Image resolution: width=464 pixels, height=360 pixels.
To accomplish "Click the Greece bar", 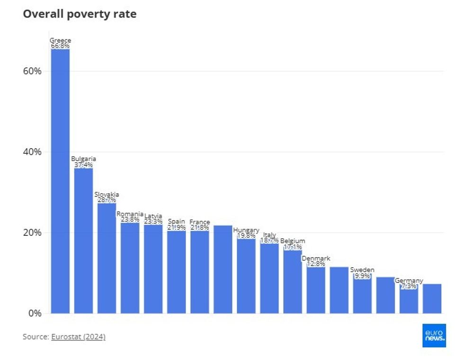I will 60,180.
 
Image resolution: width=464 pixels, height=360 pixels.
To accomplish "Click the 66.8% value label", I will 60,46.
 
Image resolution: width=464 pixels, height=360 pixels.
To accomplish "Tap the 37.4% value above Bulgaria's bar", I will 83,165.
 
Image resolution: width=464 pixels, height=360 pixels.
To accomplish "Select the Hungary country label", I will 246,230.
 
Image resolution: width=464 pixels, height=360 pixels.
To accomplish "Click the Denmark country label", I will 316,259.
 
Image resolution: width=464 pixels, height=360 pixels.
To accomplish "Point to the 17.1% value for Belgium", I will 293,247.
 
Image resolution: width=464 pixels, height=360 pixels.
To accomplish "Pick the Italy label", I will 269,235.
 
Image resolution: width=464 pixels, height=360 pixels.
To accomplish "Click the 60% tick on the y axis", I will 32,71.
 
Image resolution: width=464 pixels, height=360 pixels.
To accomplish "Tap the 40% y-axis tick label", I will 32,152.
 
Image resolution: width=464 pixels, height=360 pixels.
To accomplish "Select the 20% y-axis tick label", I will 32,233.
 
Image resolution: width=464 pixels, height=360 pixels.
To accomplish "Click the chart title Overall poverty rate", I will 80,14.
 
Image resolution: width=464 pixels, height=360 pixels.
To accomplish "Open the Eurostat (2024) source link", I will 78,337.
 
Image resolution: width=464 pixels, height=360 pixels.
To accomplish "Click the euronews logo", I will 434,336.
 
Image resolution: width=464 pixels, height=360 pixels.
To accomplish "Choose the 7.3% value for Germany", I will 409,287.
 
